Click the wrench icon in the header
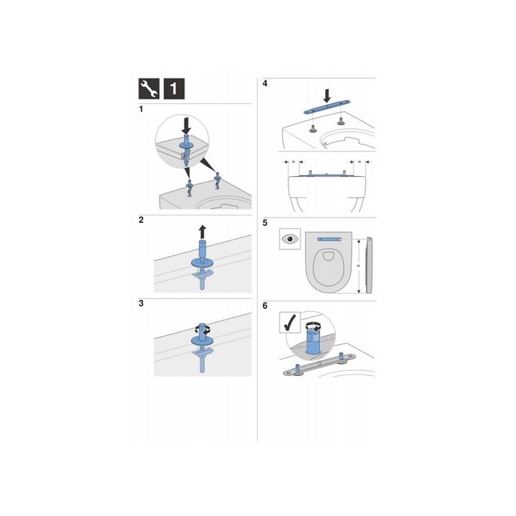click(149, 88)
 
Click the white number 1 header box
click(175, 88)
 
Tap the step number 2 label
click(142, 221)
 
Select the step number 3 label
click(142, 304)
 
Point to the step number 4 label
click(264, 82)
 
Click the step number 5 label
click(264, 223)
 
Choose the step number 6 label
click(264, 307)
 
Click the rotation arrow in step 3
click(203, 328)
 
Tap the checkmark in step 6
click(289, 322)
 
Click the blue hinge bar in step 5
click(332, 237)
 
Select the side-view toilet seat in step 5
click(368, 267)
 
